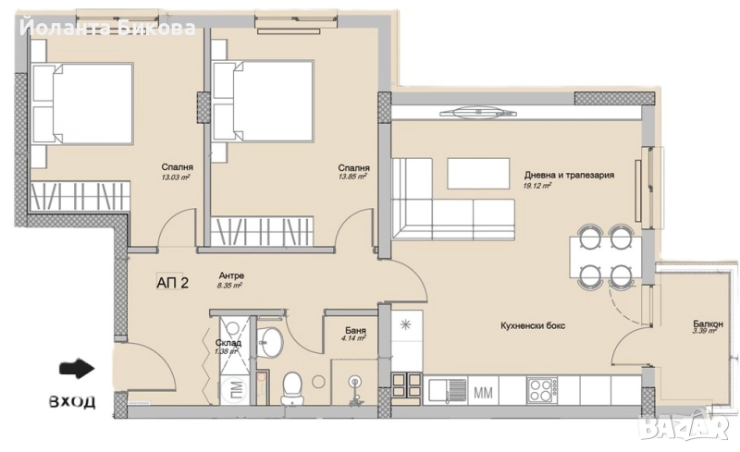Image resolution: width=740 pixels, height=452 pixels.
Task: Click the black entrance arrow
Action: (x=77, y=369)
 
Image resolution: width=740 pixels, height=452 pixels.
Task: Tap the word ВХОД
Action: (x=71, y=403)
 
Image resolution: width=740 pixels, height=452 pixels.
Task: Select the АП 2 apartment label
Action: (x=172, y=283)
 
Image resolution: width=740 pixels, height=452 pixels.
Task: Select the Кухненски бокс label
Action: (x=532, y=326)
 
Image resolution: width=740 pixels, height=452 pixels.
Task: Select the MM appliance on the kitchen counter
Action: (x=482, y=392)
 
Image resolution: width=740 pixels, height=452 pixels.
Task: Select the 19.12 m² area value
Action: (x=537, y=185)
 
